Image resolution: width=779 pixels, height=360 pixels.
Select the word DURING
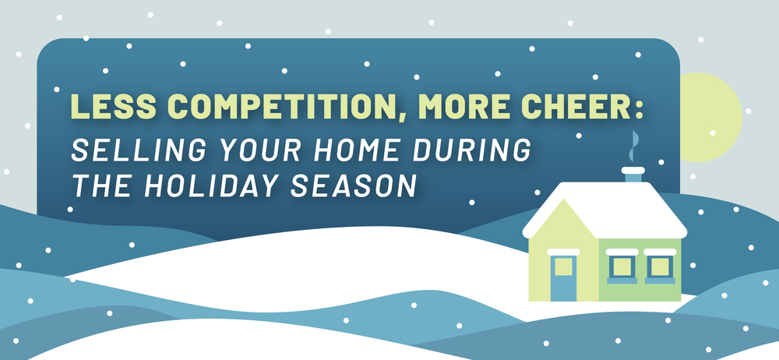pyautogui.click(x=466, y=150)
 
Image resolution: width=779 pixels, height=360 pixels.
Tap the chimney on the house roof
pyautogui.click(x=633, y=174)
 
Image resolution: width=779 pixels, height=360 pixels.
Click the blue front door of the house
pyautogui.click(x=562, y=278)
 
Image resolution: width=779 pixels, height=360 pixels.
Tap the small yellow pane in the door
pyautogui.click(x=562, y=267)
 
